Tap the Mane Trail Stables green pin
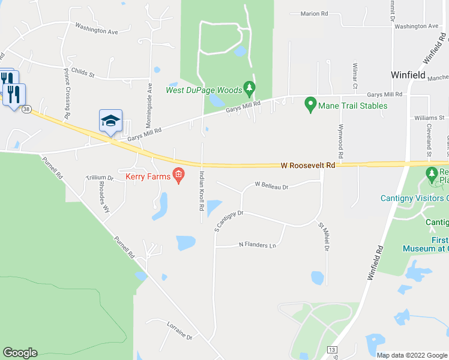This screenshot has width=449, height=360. tap(310, 104)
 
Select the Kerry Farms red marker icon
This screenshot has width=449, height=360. tap(178, 175)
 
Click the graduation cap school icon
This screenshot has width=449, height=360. tap(110, 121)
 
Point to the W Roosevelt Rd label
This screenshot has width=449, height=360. tap(308, 165)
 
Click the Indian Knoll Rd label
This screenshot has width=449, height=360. tap(202, 191)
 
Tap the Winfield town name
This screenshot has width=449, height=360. tap(408, 76)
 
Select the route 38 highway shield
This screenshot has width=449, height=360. tap(26, 109)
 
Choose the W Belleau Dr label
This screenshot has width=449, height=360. tap(272, 186)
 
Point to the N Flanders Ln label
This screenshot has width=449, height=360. tap(257, 245)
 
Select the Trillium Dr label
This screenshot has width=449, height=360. tap(100, 178)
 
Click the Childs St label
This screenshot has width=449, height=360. tap(83, 73)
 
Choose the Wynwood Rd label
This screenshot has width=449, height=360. tap(340, 142)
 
